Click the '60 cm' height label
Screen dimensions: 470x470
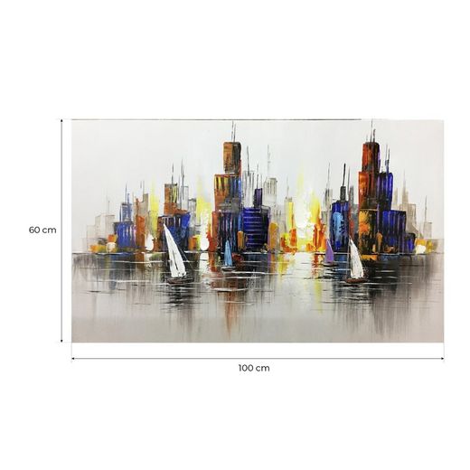click(x=42, y=230)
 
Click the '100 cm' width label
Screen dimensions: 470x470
click(x=254, y=368)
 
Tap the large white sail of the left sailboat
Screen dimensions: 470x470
click(x=174, y=254)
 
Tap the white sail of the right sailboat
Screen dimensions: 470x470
click(x=356, y=261)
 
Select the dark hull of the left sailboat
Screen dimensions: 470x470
click(x=179, y=280)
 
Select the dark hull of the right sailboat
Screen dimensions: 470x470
click(x=356, y=281)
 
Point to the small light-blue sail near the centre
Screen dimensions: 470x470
click(x=229, y=255)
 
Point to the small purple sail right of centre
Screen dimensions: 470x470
click(x=329, y=253)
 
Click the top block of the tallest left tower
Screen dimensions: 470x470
click(x=232, y=158)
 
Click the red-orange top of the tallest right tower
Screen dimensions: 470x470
click(x=371, y=158)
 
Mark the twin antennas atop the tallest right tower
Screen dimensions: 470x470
click(x=371, y=131)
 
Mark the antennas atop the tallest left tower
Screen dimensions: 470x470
click(x=232, y=132)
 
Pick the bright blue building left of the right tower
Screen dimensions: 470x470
click(x=341, y=226)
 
